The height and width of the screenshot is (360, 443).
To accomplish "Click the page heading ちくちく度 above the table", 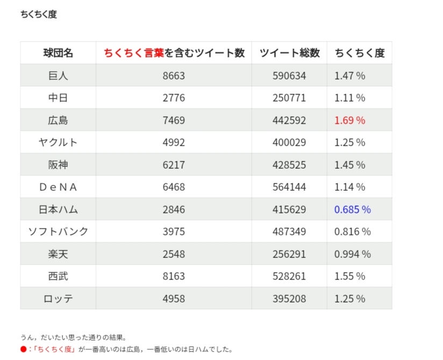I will point(38,15).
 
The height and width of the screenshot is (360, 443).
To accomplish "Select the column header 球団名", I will point(58,53).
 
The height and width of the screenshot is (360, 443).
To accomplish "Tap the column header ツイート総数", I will point(289,53).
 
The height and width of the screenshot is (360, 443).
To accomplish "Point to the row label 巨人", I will point(58,76).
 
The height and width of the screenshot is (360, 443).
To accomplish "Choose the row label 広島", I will point(58,120).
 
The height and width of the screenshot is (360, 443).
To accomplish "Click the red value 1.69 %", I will point(349,120).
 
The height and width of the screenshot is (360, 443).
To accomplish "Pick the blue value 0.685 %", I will point(352,210).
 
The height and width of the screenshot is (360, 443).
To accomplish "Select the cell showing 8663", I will point(173,76).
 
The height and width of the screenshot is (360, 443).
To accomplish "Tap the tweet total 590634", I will point(289,76).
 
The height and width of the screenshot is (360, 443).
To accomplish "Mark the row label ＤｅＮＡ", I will point(58,187).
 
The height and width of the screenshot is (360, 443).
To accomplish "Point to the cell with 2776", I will point(173,98).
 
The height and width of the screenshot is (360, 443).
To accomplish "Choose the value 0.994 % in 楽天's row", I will point(352,254).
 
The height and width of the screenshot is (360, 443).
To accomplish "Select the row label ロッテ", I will point(58,299).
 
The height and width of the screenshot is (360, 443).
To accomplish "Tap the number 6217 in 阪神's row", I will point(173,165).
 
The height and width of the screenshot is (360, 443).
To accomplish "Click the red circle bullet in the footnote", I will point(23,349).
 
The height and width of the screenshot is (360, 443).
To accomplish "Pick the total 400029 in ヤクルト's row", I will point(289,142).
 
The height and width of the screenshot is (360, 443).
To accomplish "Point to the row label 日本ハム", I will point(58,210).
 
